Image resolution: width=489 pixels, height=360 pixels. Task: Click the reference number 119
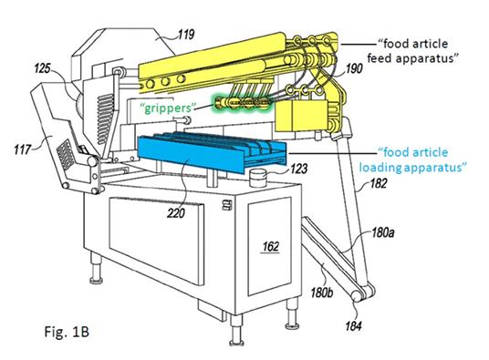186,35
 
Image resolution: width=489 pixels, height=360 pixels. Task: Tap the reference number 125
42,68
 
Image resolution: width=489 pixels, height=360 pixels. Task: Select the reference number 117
23,149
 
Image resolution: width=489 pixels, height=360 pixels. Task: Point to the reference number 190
354,68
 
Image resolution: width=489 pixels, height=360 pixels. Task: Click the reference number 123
298,169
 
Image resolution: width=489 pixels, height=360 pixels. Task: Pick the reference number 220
176,213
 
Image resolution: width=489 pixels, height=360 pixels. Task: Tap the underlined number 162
271,247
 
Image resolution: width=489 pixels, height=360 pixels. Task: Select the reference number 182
379,183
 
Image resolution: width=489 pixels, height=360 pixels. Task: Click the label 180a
383,232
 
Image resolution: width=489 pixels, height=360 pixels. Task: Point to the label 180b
322,293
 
